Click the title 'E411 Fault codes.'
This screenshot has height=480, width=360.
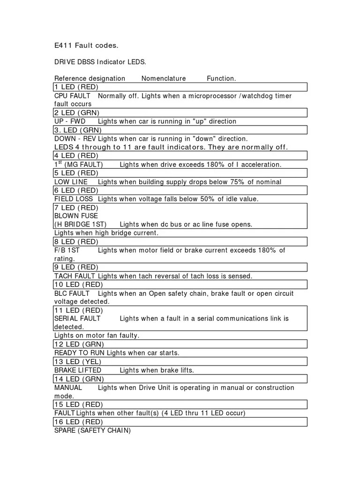coord(86,46)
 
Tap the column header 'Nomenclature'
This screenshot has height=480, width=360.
coord(164,78)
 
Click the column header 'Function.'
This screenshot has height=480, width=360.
coord(221,78)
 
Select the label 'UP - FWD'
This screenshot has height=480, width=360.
coord(70,121)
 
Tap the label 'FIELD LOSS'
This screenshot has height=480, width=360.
coord(74,199)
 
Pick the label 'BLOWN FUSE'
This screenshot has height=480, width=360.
coord(76,216)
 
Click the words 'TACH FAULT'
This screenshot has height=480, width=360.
coord(75,276)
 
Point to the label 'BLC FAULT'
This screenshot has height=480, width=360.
coord(72,293)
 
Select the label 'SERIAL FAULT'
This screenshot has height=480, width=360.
coord(77,319)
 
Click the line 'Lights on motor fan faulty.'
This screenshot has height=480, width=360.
coord(97,336)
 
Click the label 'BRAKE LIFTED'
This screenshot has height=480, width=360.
coord(77,370)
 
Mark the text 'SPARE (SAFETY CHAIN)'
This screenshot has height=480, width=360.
coord(92,430)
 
